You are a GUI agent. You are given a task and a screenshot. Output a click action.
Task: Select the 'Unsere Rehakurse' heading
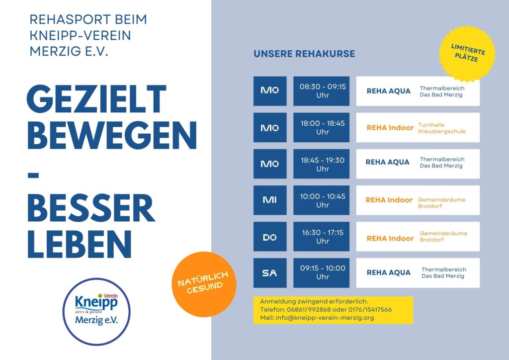[304, 54]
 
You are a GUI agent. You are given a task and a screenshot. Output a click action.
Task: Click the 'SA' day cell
[270, 273]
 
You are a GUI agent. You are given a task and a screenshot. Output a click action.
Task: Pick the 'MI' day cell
[270, 200]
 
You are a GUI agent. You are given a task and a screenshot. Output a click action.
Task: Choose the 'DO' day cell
[270, 237]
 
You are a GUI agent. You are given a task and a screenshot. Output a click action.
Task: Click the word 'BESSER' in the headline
[91, 209]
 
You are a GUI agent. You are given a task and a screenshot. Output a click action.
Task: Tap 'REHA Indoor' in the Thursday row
[390, 238]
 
